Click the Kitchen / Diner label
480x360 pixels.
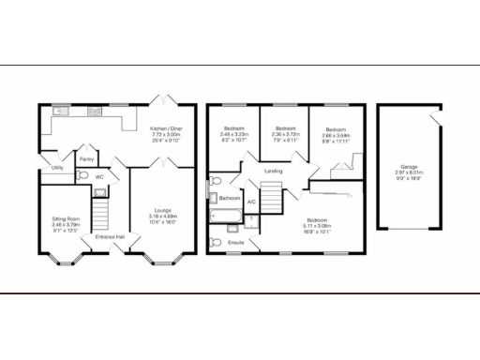click(x=165, y=129)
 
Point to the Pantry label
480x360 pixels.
click(x=86, y=159)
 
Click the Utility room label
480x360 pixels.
click(x=57, y=168)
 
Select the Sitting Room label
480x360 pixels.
click(x=66, y=218)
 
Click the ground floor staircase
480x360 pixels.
click(x=104, y=211)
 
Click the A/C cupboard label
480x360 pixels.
click(x=250, y=202)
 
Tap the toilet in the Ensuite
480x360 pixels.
click(x=217, y=243)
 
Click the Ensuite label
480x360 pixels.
click(x=236, y=243)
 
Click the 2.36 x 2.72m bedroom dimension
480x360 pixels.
click(x=280, y=134)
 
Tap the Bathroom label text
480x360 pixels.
click(x=231, y=199)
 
